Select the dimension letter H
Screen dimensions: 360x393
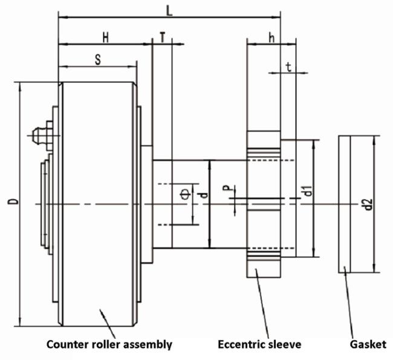(x=105, y=37)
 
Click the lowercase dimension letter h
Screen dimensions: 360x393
(x=271, y=37)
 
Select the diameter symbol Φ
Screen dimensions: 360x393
(x=184, y=193)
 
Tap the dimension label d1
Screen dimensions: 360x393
(x=308, y=193)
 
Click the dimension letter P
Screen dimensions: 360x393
(x=226, y=190)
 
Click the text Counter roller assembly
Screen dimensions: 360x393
(x=110, y=344)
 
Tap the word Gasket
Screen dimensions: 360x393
(x=368, y=344)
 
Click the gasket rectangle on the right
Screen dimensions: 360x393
(x=344, y=205)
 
